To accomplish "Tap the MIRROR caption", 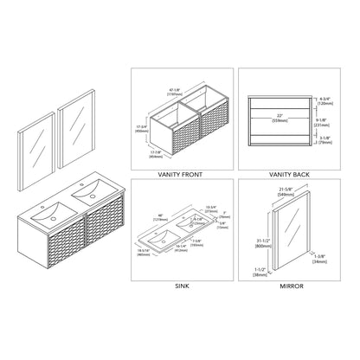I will point(289,284).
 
